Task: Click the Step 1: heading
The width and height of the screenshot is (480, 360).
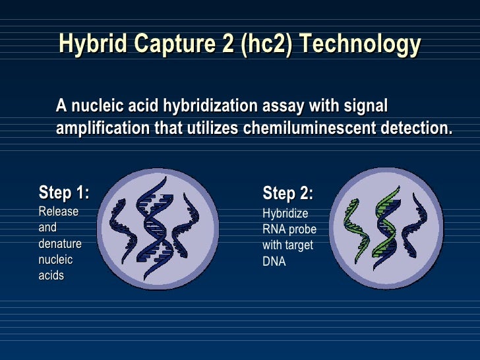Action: pyautogui.click(x=64, y=193)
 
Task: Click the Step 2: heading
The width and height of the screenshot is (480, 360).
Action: pyautogui.click(x=287, y=194)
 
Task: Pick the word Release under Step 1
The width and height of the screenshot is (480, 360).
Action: pyautogui.click(x=59, y=212)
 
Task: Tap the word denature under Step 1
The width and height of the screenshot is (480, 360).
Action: pyautogui.click(x=61, y=244)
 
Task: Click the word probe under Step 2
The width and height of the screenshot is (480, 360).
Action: pyautogui.click(x=303, y=229)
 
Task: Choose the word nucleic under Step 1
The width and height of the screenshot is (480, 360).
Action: pyautogui.click(x=56, y=260)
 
